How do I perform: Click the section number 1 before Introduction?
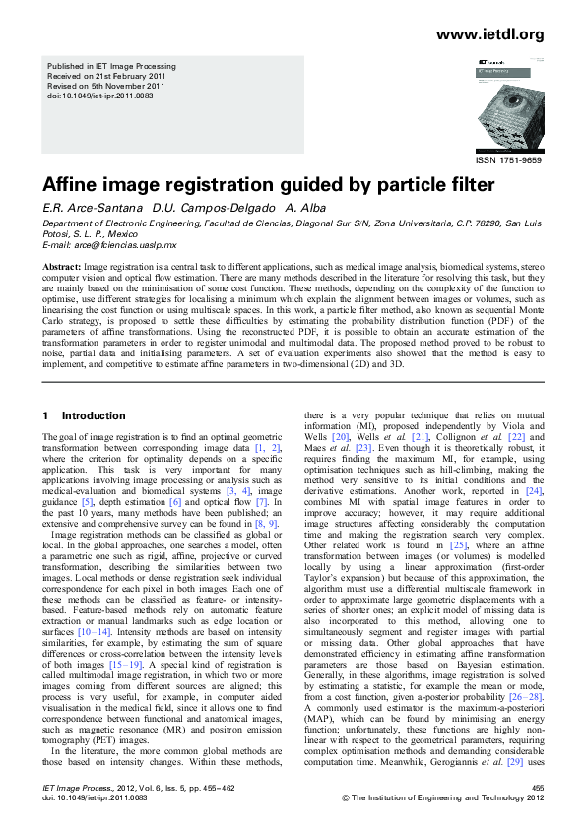[45, 416]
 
